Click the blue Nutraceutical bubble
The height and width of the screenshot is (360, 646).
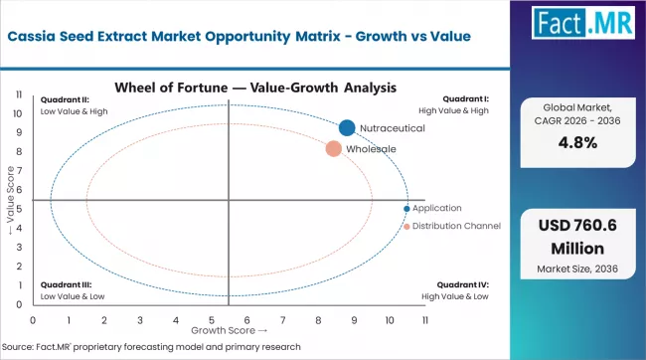pyautogui.click(x=346, y=127)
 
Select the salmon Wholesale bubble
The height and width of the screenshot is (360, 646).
pyautogui.click(x=333, y=149)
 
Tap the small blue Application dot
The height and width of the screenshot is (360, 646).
pyautogui.click(x=406, y=208)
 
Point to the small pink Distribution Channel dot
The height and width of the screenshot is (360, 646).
pyautogui.click(x=406, y=226)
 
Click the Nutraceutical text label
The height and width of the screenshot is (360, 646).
pyautogui.click(x=392, y=128)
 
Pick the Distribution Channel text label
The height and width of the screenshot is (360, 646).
pyautogui.click(x=456, y=226)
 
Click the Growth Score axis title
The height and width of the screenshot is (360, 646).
pyautogui.click(x=228, y=329)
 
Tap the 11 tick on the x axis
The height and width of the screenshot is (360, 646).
pyautogui.click(x=425, y=320)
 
